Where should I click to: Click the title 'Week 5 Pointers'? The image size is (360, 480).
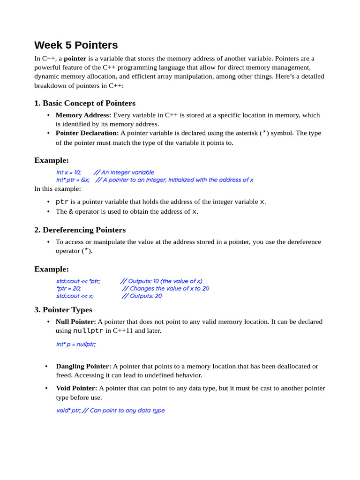click(76, 45)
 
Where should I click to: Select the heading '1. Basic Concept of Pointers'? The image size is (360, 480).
click(85, 103)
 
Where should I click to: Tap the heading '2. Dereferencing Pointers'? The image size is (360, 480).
click(80, 230)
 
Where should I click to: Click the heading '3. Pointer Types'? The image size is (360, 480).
click(63, 309)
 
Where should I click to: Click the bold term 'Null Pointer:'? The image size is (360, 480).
click(76, 322)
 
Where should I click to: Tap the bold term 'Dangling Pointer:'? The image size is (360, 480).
click(83, 366)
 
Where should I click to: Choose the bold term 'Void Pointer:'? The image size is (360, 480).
click(76, 388)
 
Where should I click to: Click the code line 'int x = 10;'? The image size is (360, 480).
click(68, 172)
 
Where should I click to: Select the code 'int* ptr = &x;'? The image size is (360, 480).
click(73, 180)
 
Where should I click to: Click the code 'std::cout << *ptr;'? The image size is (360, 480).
click(78, 281)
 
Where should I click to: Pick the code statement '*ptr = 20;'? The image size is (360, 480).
click(68, 289)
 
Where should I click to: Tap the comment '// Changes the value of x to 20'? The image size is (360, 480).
click(165, 289)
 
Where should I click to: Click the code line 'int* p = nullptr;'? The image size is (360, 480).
click(76, 344)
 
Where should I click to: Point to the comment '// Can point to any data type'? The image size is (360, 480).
click(124, 411)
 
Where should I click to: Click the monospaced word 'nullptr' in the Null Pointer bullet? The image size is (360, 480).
click(89, 330)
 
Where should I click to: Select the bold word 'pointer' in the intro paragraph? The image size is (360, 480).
click(75, 59)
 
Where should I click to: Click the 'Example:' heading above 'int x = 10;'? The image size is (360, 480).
click(52, 160)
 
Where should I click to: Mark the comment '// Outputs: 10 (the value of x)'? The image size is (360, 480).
click(161, 281)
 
